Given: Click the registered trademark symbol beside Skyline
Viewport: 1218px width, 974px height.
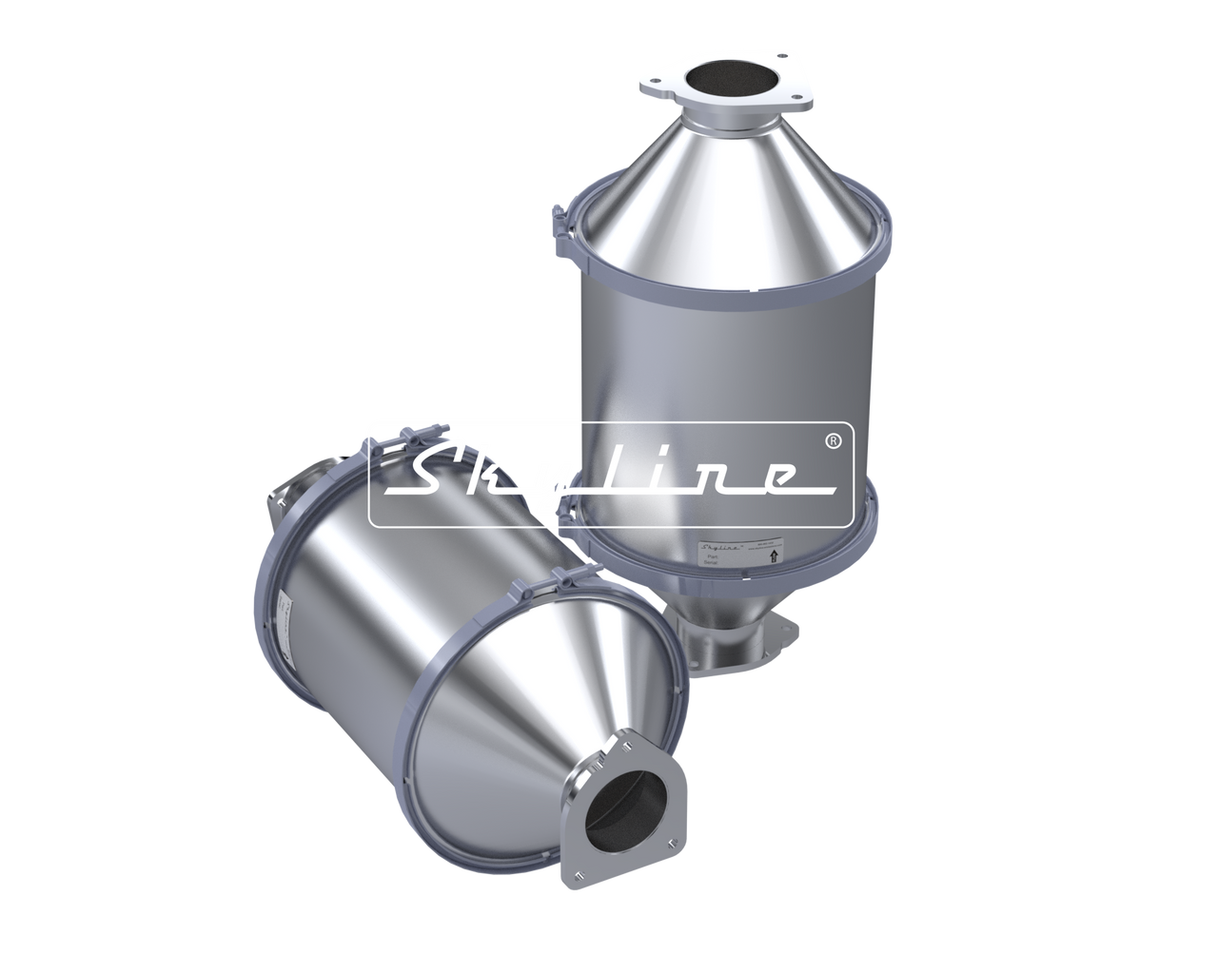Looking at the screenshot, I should click(x=831, y=441).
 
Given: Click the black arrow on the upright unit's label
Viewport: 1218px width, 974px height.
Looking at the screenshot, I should click(x=772, y=558).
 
